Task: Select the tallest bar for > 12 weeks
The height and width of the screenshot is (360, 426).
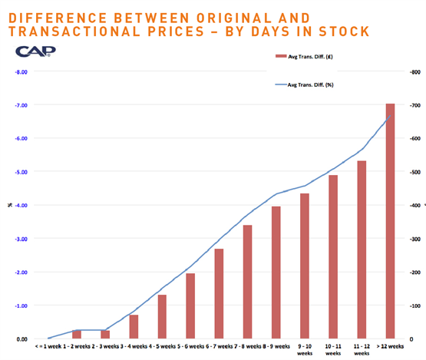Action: (390, 221)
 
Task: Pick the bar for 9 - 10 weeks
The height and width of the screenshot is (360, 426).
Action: (305, 266)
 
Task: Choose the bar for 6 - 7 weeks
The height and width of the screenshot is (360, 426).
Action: (219, 293)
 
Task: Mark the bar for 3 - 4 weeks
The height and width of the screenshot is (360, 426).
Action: (134, 326)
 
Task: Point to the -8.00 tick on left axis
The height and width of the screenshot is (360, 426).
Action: (21, 71)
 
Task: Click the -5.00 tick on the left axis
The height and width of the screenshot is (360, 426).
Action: (21, 172)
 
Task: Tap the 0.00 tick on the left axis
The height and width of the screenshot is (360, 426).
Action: (21, 339)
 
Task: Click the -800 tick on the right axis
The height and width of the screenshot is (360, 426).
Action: (414, 71)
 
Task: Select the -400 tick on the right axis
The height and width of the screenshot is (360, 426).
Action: (414, 206)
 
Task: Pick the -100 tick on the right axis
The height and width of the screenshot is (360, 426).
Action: (414, 306)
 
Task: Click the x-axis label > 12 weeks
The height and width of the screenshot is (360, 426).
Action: (390, 347)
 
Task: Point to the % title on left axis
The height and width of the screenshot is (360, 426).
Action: (10, 205)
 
